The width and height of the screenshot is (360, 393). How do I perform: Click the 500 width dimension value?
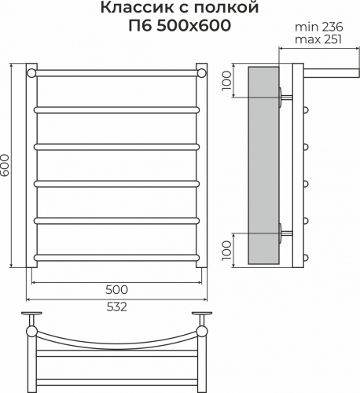(x=116, y=289)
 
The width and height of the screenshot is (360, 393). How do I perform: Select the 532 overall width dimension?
(x=116, y=307)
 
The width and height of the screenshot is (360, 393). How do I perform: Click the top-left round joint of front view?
(x=31, y=73)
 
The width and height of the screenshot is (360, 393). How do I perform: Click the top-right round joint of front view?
(x=202, y=73)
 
